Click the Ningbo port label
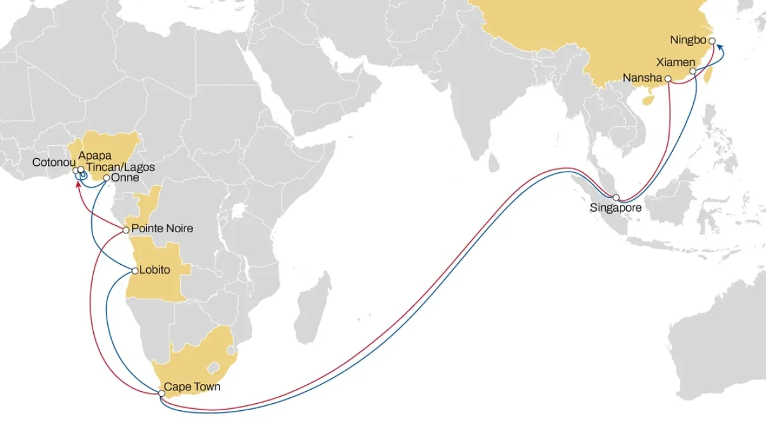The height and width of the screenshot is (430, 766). coord(688,40)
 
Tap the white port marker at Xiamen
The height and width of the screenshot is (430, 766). coord(693,71)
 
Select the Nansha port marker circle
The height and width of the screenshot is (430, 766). coord(668,78)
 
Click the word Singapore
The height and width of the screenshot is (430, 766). coord(616,208)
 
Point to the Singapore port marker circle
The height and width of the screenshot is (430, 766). coord(616,197)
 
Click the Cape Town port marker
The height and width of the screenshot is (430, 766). coord(161,394)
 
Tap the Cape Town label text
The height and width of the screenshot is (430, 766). coord(192,387)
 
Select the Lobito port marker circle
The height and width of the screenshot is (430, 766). coord(135,271)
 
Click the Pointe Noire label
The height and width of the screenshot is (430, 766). coord(162,228)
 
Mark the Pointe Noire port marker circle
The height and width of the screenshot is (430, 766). coord(126,230)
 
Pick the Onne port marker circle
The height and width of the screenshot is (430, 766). coord(107,179)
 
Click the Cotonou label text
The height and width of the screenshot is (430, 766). coord(54,163)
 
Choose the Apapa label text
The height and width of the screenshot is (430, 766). coord(94,155)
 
